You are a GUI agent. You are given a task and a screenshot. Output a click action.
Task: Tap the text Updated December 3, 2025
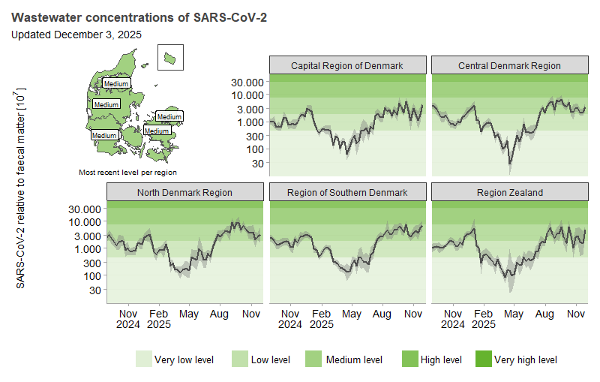coord(76,34)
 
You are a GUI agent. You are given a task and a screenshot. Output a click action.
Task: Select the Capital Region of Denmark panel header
coord(346,65)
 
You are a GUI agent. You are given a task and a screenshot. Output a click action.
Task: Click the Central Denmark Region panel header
coord(509,65)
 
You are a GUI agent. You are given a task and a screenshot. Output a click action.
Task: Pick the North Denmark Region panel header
coord(184,192)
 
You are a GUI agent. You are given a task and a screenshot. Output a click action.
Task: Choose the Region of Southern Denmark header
coord(346,192)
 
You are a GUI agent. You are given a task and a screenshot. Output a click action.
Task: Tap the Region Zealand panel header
coord(509,192)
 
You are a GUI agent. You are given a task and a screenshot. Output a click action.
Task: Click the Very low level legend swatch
coord(143,359)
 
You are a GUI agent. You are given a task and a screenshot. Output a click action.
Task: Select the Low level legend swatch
coord(240,359)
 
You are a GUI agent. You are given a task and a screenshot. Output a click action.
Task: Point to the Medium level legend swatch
coord(313,359)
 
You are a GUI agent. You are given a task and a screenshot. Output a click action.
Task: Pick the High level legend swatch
coord(409,359)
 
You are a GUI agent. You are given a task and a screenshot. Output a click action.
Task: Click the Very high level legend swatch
coord(483,359)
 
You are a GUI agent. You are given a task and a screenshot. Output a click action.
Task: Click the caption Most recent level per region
coord(127,173)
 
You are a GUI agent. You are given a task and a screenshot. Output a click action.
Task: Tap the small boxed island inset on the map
coord(170,56)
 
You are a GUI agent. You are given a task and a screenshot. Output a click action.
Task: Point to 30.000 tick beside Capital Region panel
coord(248,82)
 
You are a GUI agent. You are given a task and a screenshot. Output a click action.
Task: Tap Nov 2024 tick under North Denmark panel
coord(127,319)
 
